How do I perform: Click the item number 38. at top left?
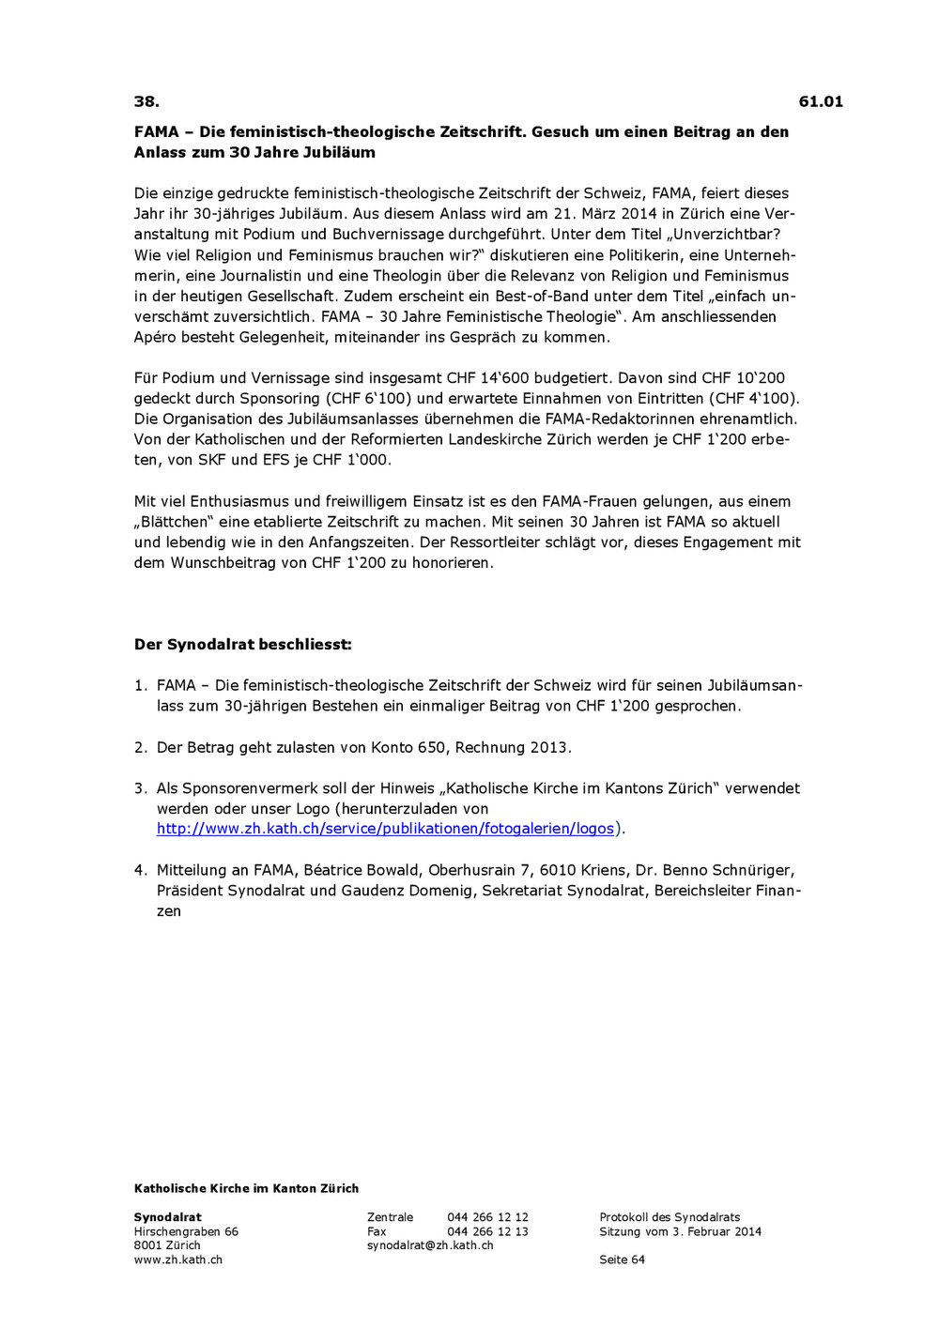pos(146,101)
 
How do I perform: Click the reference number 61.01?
pos(821,101)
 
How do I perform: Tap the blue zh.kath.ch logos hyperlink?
pos(385,829)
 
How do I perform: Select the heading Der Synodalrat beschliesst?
pos(243,645)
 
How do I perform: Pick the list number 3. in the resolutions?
pos(141,788)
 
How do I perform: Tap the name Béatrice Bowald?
pos(362,870)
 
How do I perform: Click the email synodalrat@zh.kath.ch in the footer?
pos(430,1245)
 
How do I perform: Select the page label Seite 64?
pos(622,1259)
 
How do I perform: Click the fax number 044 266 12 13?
pos(487,1231)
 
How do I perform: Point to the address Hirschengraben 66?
pos(186,1231)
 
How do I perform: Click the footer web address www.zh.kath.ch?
pos(178,1259)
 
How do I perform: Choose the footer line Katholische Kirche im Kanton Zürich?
pos(246,1188)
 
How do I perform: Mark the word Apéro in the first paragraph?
pos(155,337)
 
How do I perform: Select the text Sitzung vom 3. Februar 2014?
pos(680,1231)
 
